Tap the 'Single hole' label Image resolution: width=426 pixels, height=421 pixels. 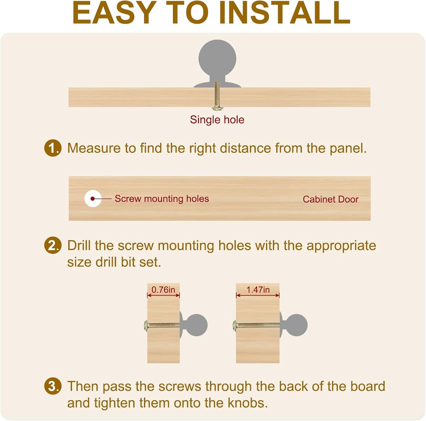(x=217, y=120)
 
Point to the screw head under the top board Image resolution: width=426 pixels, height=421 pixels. (x=218, y=109)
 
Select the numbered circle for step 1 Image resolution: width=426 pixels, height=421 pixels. (x=53, y=148)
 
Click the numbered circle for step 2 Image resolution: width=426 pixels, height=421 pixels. (x=53, y=245)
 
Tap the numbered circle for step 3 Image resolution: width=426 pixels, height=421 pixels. (x=53, y=386)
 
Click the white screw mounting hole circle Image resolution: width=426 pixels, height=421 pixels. (x=93, y=198)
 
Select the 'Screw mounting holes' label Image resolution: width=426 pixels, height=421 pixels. (x=162, y=198)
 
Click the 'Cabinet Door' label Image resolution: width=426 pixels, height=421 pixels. (x=331, y=199)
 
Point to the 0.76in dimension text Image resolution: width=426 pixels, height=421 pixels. (x=163, y=290)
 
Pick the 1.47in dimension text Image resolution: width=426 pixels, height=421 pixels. (x=258, y=290)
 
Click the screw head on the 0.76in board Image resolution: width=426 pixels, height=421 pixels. (x=146, y=326)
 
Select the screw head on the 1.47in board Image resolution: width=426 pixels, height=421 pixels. (x=235, y=326)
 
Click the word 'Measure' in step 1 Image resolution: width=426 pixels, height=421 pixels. (x=94, y=148)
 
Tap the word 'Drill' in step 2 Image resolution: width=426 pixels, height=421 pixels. (x=79, y=245)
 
